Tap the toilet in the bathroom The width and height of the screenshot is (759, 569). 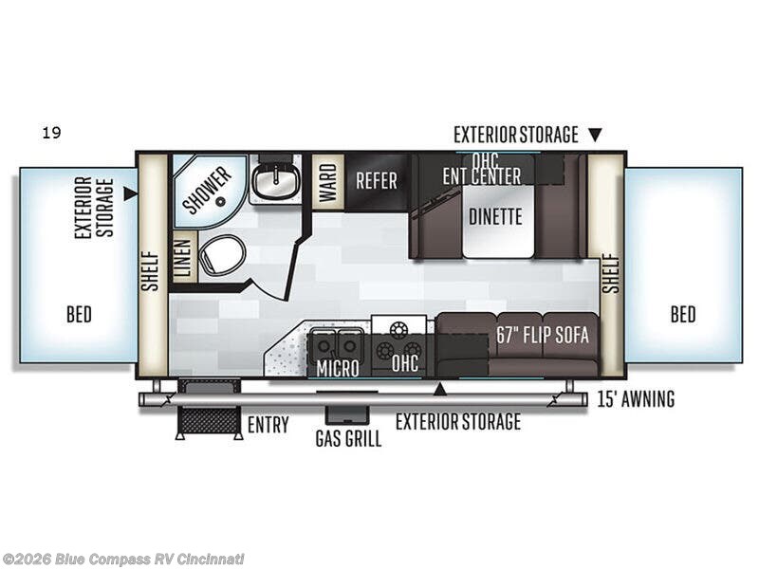[x=222, y=255]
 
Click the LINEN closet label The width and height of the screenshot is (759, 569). [x=184, y=257]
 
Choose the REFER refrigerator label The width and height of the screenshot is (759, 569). [x=376, y=180]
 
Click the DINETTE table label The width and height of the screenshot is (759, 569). [x=495, y=216]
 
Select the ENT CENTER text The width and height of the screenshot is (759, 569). [x=481, y=175]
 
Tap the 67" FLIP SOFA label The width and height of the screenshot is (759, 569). [x=543, y=335]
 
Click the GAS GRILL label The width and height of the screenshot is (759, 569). [x=348, y=439]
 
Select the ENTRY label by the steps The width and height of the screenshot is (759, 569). [x=268, y=425]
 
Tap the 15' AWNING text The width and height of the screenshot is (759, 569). [x=637, y=399]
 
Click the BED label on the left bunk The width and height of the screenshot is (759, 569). [x=79, y=315]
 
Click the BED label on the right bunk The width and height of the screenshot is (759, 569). [x=682, y=315]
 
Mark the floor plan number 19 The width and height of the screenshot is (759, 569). [x=51, y=134]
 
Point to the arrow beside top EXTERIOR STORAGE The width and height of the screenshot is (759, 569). [x=595, y=135]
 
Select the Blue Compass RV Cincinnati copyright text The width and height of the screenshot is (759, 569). [x=123, y=559]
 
